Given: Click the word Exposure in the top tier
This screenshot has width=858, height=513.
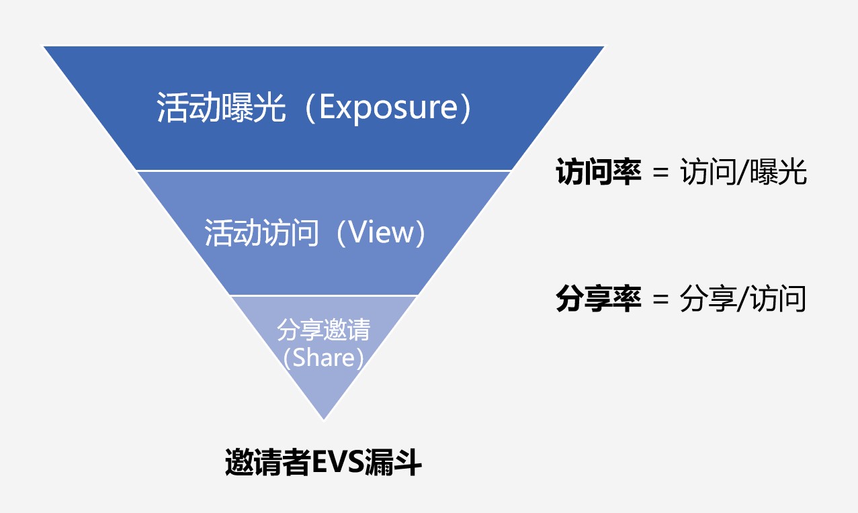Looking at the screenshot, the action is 389,108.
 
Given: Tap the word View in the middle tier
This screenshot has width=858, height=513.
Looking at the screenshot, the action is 381,232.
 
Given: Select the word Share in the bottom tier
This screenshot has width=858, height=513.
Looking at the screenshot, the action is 324,358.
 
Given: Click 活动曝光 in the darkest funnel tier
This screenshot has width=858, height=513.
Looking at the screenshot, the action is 222,107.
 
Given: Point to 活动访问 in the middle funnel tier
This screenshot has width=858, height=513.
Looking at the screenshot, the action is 261,232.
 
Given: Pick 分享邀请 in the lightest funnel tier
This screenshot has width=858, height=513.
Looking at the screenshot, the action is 324,330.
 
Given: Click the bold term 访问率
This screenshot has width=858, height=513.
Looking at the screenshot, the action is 599,172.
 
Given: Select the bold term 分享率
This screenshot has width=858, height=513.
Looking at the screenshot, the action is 599,299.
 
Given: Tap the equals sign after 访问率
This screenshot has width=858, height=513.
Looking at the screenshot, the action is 660,173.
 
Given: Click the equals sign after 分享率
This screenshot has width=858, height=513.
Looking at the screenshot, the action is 660,299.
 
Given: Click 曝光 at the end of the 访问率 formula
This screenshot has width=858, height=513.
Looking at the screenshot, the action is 778,172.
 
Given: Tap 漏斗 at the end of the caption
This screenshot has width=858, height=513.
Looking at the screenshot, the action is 393,462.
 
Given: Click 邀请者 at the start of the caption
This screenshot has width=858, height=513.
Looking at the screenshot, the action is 267,462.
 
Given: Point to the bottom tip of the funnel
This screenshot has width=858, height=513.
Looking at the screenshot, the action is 324,420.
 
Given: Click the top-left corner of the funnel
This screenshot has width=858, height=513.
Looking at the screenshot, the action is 44,47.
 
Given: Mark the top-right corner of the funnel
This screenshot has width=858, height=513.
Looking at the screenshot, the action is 604,47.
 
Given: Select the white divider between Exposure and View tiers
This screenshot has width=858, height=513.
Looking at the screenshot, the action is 324,171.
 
